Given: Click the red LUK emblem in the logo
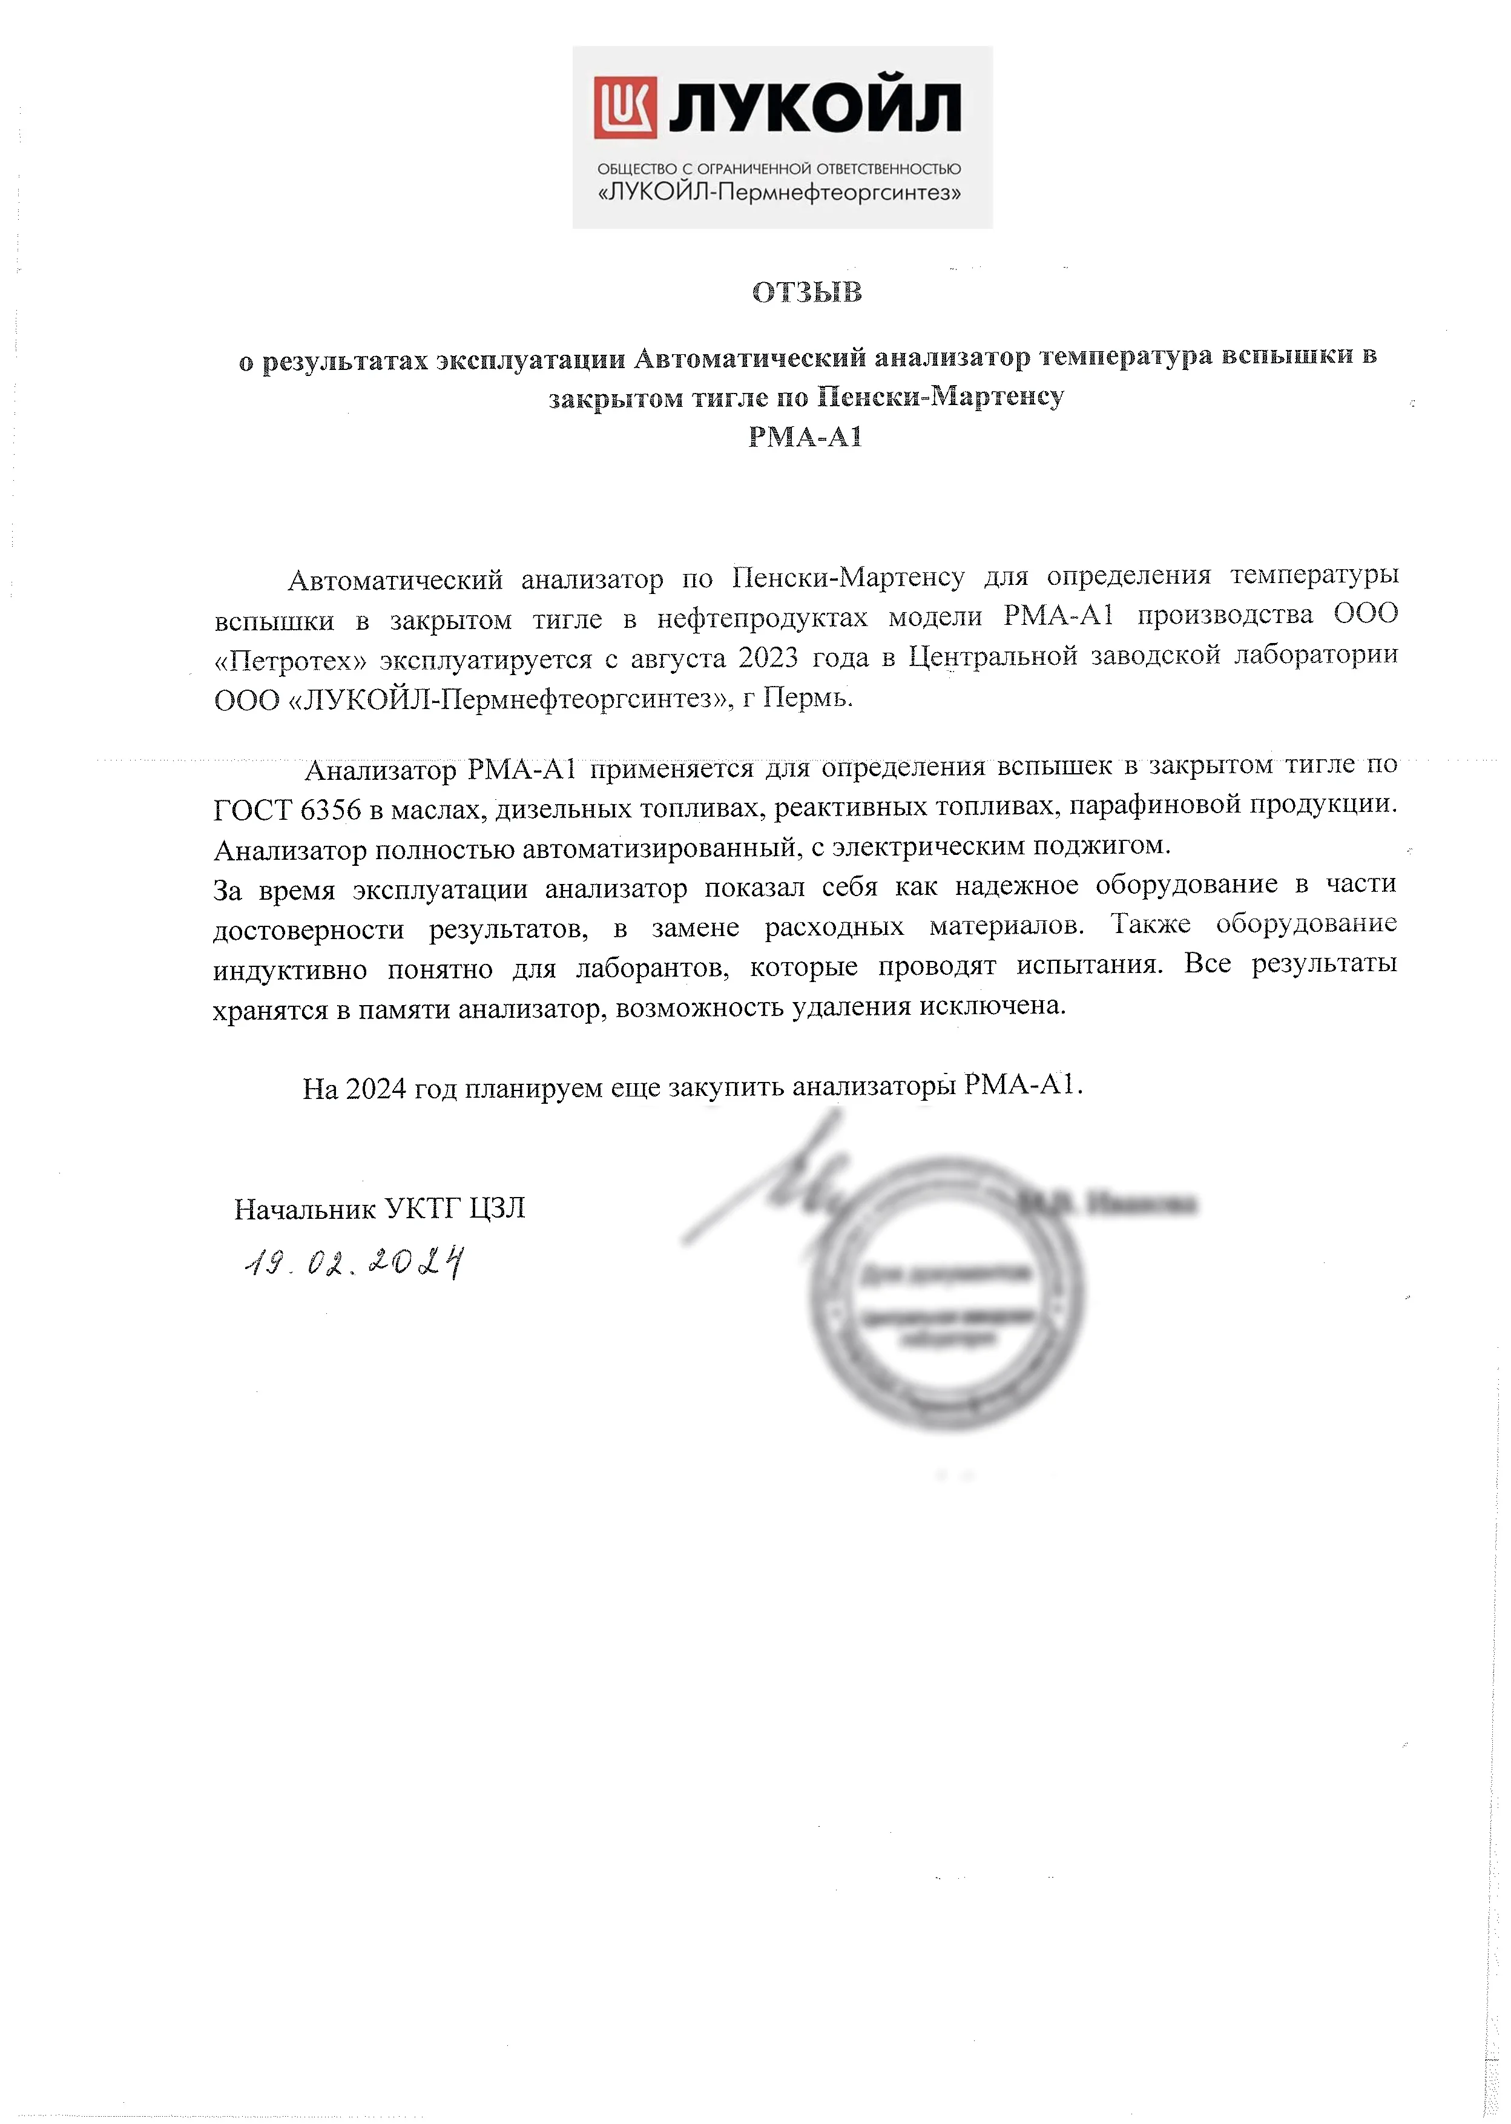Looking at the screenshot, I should coord(625,107).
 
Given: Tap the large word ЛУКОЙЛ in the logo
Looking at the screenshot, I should coord(814,109).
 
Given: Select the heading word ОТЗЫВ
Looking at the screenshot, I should coord(807,292).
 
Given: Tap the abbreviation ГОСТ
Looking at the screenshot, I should coord(252,810).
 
